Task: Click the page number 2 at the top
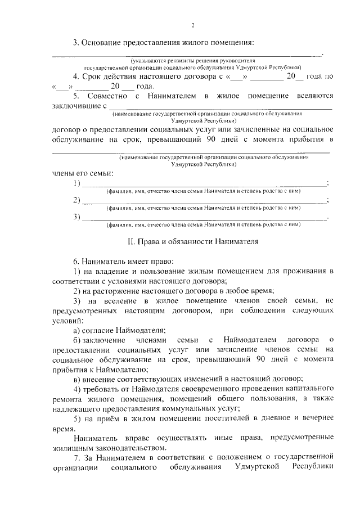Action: coord(192,25)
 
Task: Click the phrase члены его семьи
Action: coord(83,172)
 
